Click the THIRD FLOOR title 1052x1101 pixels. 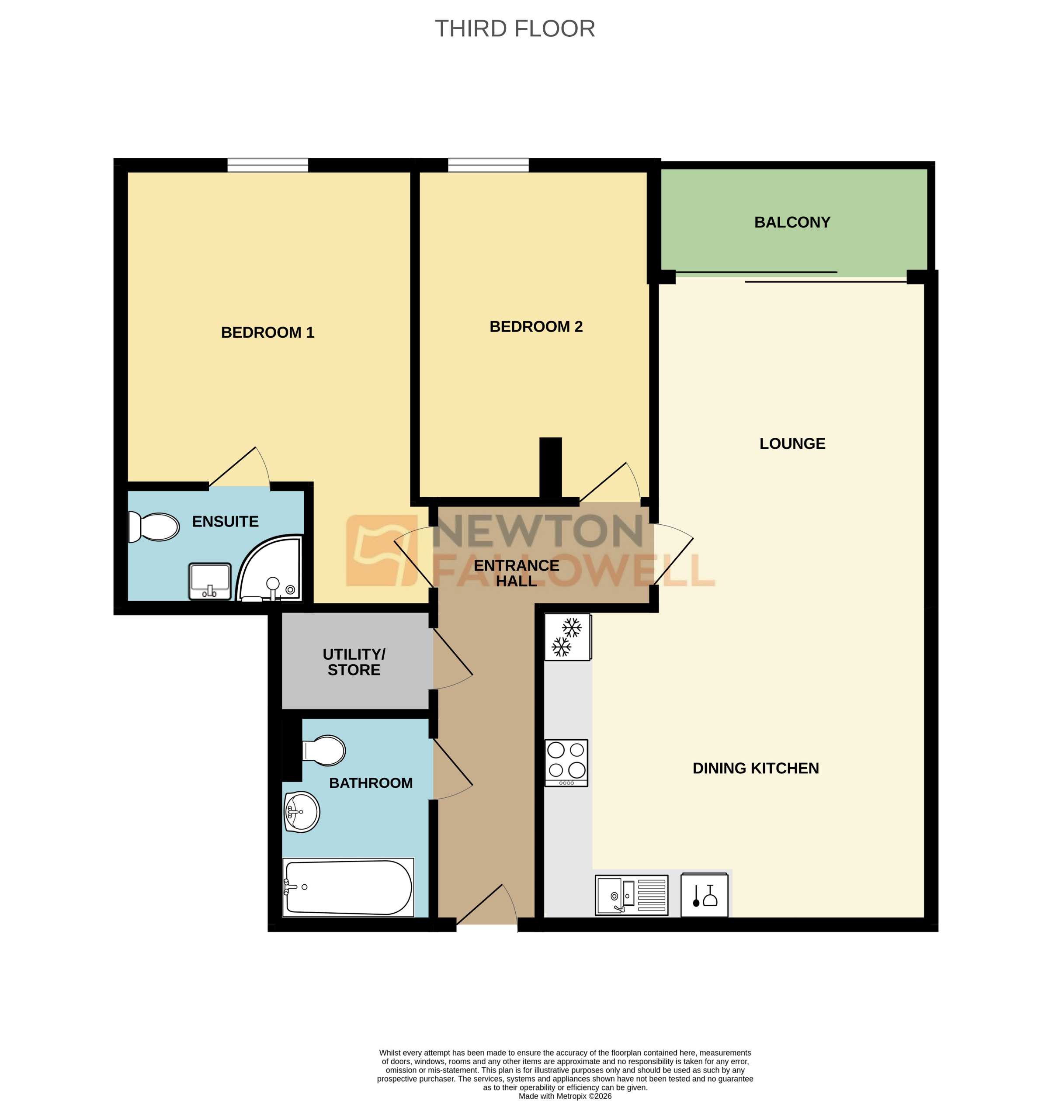(514, 28)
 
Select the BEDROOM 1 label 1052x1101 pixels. (267, 332)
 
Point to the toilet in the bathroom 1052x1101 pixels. (324, 750)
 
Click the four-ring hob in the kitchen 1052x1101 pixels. (566, 762)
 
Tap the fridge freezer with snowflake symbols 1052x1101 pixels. (567, 637)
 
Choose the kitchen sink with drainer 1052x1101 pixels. (632, 895)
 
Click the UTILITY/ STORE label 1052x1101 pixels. (354, 661)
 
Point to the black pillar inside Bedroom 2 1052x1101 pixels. (550, 467)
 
